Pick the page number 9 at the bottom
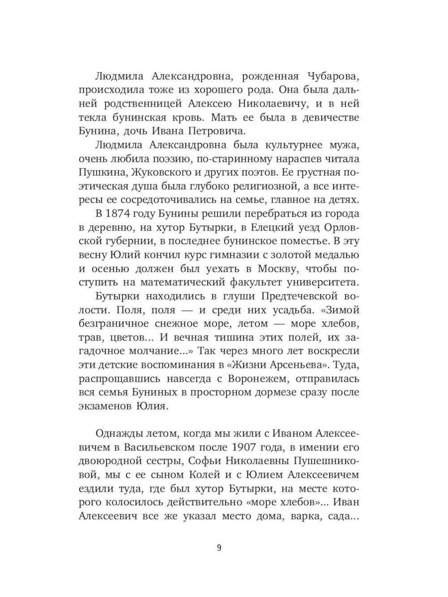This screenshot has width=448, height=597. click(219, 548)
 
